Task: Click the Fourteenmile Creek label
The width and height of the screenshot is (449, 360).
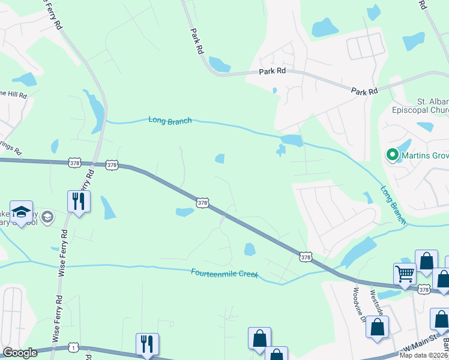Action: [224, 274]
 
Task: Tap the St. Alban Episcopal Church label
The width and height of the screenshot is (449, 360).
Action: [425, 106]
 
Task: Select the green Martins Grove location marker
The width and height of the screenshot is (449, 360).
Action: [393, 155]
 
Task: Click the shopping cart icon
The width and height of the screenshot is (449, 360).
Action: [405, 274]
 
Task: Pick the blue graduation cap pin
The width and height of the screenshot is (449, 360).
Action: [21, 212]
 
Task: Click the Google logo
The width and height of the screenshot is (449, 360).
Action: [20, 353]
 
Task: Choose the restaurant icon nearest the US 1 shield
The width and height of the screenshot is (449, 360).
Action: [147, 344]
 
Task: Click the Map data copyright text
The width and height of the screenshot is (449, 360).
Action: [424, 355]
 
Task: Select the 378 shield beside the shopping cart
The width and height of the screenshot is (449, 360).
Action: [424, 290]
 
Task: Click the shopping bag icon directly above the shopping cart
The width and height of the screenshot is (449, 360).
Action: [426, 261]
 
